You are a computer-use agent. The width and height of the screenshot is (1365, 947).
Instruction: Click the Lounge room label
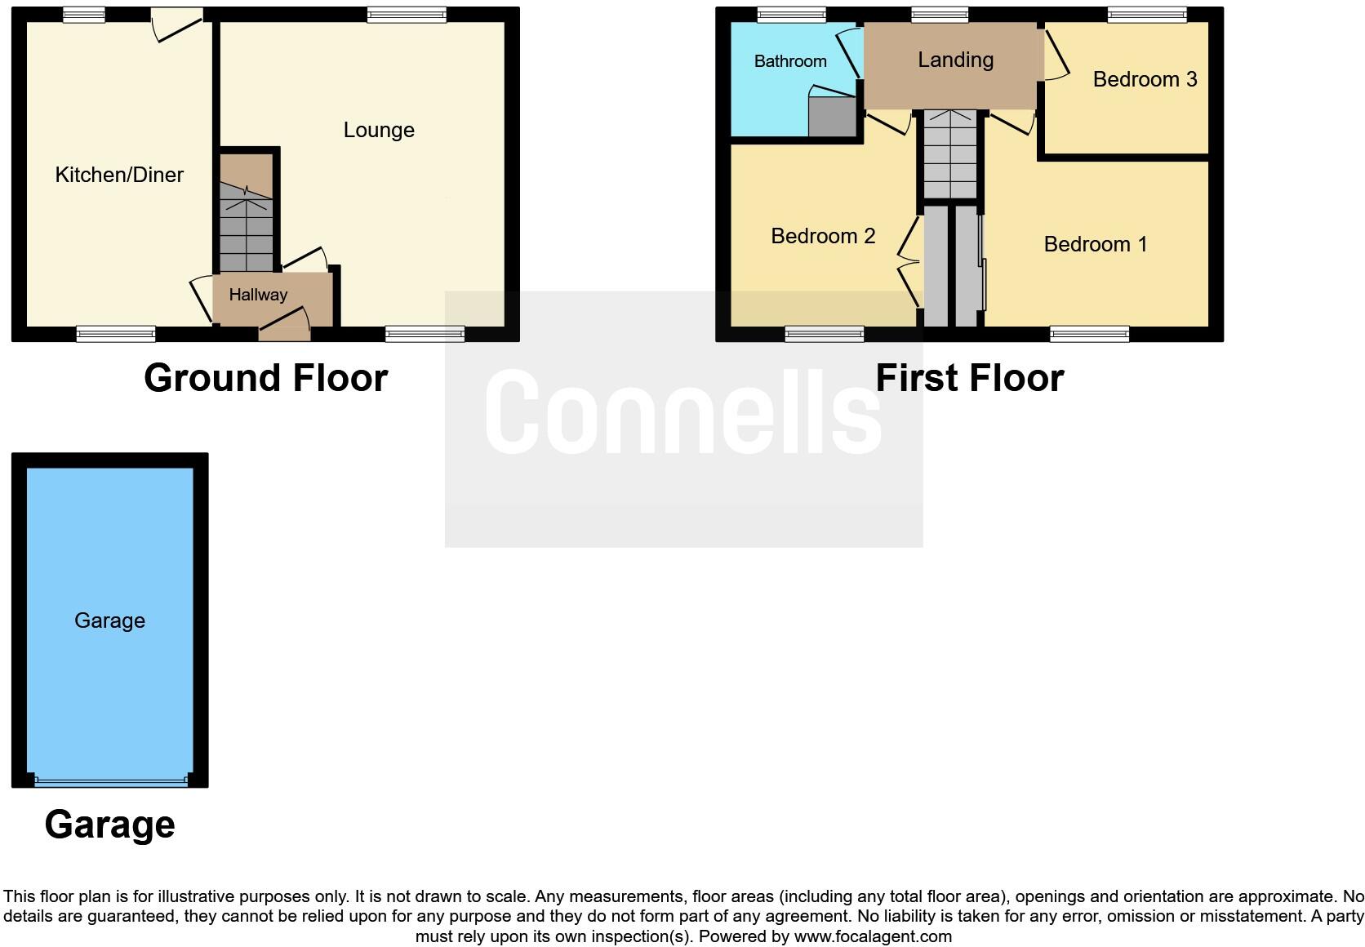coord(379,130)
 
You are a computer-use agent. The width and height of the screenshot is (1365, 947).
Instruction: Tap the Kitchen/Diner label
coord(119,174)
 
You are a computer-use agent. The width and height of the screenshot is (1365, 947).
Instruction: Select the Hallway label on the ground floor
coord(258,295)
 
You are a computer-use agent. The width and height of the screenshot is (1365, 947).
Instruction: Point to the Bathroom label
coord(789,61)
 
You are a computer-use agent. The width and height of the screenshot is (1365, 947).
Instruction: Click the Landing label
coord(955,60)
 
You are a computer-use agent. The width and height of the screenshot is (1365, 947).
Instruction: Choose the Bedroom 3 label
coord(1145,79)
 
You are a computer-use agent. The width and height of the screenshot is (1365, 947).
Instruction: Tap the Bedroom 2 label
coord(823,236)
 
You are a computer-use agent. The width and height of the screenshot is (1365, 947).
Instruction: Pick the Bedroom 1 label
coord(1096,244)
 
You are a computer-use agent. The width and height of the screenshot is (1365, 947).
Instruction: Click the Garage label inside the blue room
coord(109,620)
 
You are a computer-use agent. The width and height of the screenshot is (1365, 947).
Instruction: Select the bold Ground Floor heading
coord(265,378)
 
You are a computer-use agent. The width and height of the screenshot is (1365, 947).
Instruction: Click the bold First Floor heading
coord(969,378)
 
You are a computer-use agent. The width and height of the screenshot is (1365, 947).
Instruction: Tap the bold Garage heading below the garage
coord(109,825)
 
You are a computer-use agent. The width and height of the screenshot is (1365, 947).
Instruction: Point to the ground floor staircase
coord(246,229)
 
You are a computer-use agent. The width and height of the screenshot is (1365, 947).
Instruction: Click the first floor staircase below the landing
coord(949,155)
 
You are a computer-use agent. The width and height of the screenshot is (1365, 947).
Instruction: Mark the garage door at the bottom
coord(110,781)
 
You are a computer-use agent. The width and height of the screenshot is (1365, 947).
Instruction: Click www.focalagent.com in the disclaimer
coord(873,936)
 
